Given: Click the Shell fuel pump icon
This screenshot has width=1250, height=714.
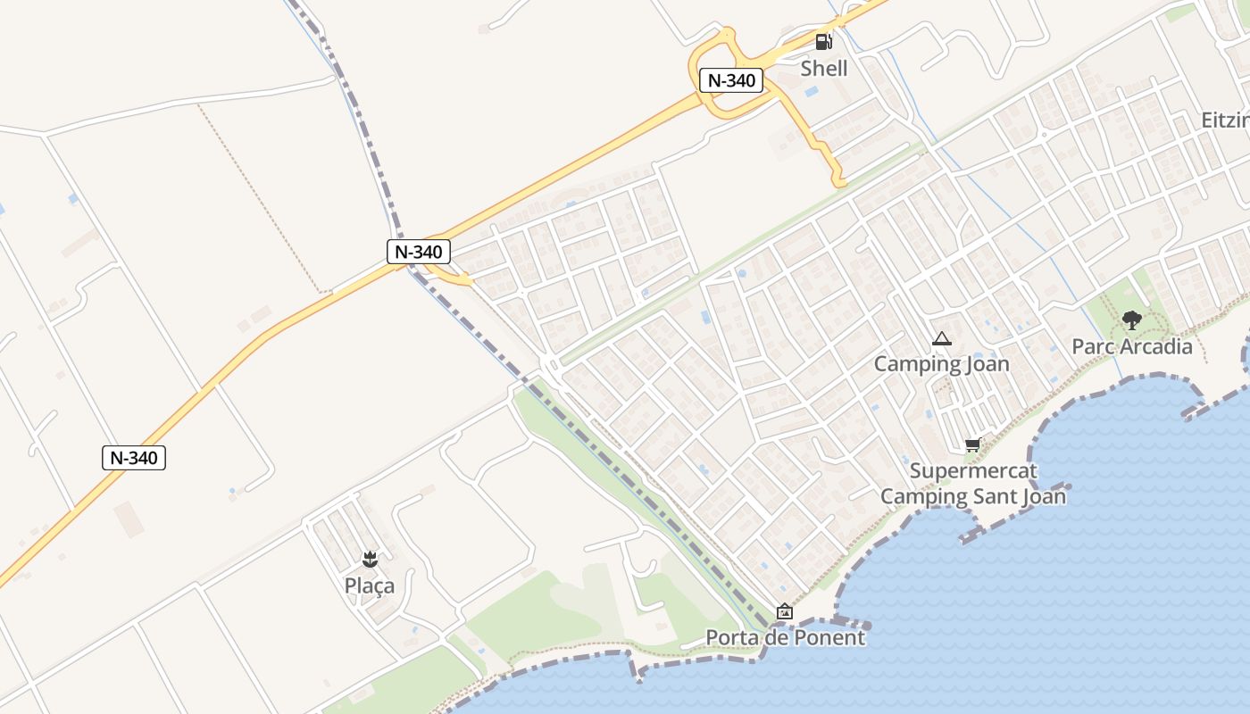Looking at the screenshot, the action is pyautogui.click(x=823, y=41).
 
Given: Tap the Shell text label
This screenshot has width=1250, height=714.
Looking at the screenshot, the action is pyautogui.click(x=823, y=68).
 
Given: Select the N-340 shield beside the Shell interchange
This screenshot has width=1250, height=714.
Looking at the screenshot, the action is pyautogui.click(x=731, y=80).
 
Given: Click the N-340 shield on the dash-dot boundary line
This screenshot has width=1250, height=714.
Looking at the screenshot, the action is pyautogui.click(x=419, y=252).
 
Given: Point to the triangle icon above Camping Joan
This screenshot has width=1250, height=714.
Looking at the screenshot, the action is pyautogui.click(x=941, y=339).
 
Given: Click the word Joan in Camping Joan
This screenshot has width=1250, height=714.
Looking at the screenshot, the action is pyautogui.click(x=986, y=364).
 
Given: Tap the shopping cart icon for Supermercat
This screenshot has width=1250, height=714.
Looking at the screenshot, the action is pyautogui.click(x=972, y=445).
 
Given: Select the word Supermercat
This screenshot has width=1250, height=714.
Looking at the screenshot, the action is pyautogui.click(x=973, y=470).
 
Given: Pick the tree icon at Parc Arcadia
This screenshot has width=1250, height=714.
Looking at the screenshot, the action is pyautogui.click(x=1131, y=320).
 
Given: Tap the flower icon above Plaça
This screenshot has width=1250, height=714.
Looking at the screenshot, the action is pyautogui.click(x=370, y=560).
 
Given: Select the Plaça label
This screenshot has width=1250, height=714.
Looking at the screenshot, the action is pyautogui.click(x=370, y=585).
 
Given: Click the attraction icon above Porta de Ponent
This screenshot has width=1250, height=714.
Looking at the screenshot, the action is pyautogui.click(x=785, y=611).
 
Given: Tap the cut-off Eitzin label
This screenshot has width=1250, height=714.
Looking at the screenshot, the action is pyautogui.click(x=1225, y=120).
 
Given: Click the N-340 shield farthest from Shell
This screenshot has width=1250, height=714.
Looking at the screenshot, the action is pyautogui.click(x=134, y=458).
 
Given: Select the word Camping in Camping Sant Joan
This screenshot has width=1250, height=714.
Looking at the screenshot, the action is pyautogui.click(x=920, y=495).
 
